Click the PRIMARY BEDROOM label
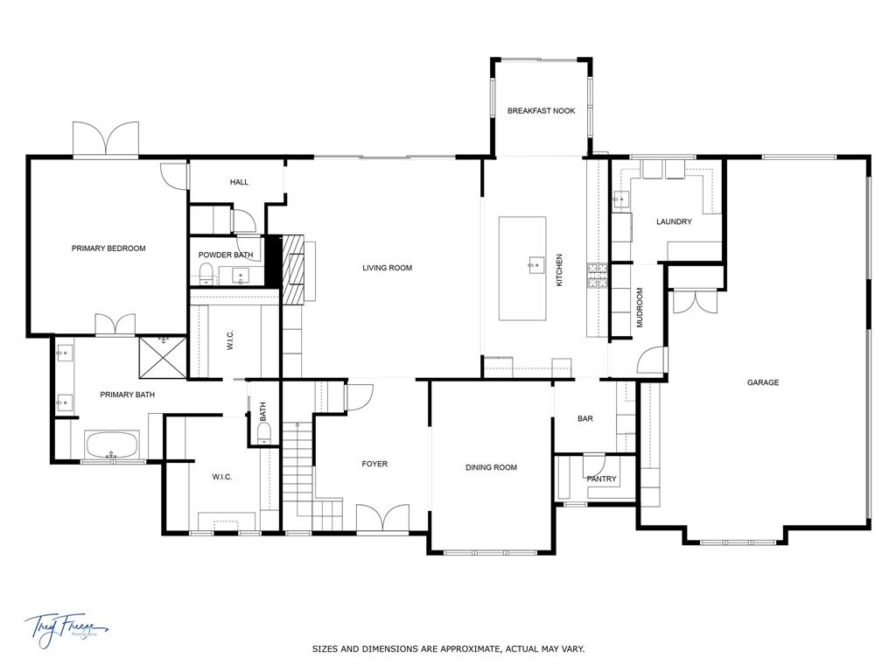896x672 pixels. (x=108, y=248)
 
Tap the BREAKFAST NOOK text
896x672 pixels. (x=542, y=111)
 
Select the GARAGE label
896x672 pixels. (x=763, y=382)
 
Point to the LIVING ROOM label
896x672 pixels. (x=387, y=268)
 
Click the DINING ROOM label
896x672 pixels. (x=491, y=467)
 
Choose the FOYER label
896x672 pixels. (x=374, y=464)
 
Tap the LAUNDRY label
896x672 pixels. (x=674, y=221)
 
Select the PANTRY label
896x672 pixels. (x=602, y=479)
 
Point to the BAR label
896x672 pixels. (x=585, y=419)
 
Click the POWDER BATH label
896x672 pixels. (x=226, y=255)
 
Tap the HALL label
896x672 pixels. (x=239, y=182)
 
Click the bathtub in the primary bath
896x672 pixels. (x=111, y=444)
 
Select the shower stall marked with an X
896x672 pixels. (x=162, y=359)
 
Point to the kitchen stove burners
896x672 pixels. (x=598, y=276)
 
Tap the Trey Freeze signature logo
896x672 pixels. (x=66, y=628)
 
